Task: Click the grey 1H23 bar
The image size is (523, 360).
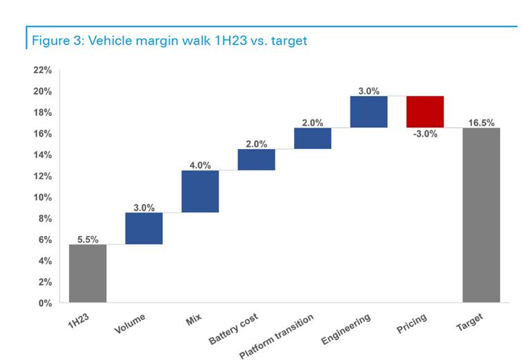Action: [88, 273]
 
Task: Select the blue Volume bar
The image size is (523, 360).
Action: [144, 228]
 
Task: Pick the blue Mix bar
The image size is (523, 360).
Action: [200, 191]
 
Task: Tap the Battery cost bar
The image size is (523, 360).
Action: [256, 159]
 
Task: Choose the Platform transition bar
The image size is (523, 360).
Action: [313, 138]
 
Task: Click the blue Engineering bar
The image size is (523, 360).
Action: [368, 112]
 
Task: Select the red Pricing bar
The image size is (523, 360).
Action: [425, 112]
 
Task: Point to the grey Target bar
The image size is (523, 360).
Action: [481, 214]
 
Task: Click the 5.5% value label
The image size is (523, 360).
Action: [88, 239]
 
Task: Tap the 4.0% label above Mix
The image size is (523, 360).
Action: [200, 165]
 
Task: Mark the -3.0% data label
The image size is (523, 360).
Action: [425, 134]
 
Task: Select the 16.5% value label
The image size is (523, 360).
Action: [481, 122]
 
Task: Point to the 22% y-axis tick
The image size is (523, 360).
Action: [42, 70]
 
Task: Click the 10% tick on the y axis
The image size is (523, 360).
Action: [42, 197]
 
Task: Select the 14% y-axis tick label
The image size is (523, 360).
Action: [42, 155]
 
